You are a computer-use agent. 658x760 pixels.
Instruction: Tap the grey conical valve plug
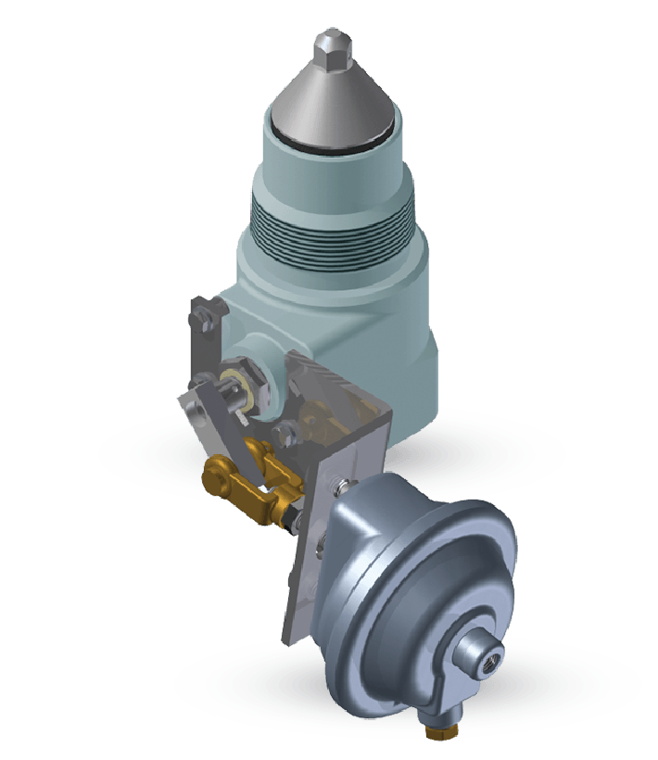pyautogui.click(x=329, y=102)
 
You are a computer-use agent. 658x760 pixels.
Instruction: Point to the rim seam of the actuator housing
pyautogui.click(x=371, y=519)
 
